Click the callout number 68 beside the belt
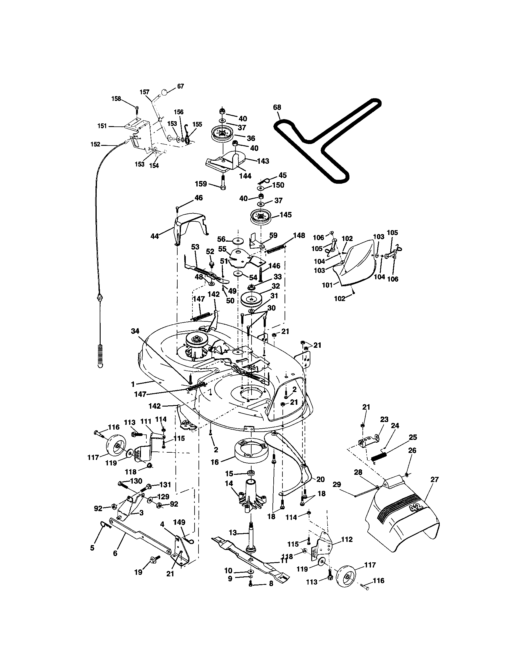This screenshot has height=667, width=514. point(277,107)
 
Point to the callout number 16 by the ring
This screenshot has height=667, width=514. point(215,462)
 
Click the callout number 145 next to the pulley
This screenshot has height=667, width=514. point(285,215)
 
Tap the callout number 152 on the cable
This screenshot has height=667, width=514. point(95,144)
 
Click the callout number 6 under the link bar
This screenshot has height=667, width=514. point(115,553)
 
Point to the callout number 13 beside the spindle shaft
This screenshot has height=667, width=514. point(232,533)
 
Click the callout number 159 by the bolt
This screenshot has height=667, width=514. point(201,184)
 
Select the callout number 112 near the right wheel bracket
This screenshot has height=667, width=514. point(347,539)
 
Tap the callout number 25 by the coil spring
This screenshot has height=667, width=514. point(413,437)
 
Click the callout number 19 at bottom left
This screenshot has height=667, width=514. point(139,572)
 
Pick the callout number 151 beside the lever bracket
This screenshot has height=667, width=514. point(102,126)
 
